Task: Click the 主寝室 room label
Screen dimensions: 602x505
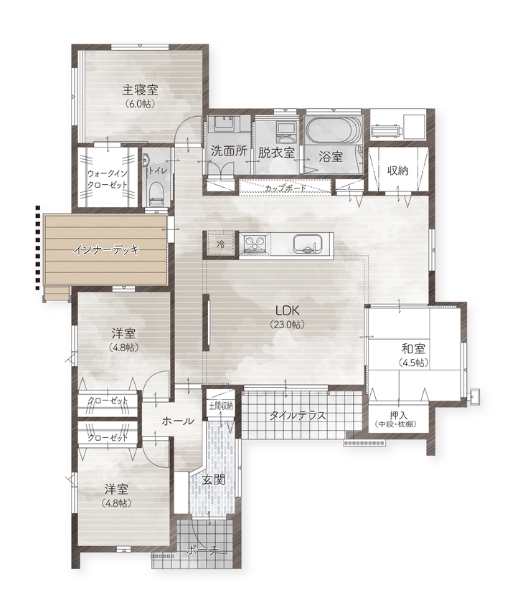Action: pos(141,90)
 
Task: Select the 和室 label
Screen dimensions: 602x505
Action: pos(413,350)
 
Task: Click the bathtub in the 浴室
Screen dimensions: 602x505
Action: pos(331,131)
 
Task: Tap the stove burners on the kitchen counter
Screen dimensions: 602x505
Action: pos(254,244)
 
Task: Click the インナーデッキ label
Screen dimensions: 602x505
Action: pos(105,250)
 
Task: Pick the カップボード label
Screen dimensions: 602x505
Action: pos(285,188)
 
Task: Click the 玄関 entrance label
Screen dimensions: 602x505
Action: pos(213,479)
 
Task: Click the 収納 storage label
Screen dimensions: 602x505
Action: pos(399,171)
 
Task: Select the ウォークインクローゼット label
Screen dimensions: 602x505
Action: pos(107,179)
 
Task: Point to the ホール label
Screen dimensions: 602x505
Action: pos(178,421)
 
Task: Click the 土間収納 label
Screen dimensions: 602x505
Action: pos(220,406)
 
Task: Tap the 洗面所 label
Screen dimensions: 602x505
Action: pos(229,152)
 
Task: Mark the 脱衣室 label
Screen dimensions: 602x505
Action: pos(276,152)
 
